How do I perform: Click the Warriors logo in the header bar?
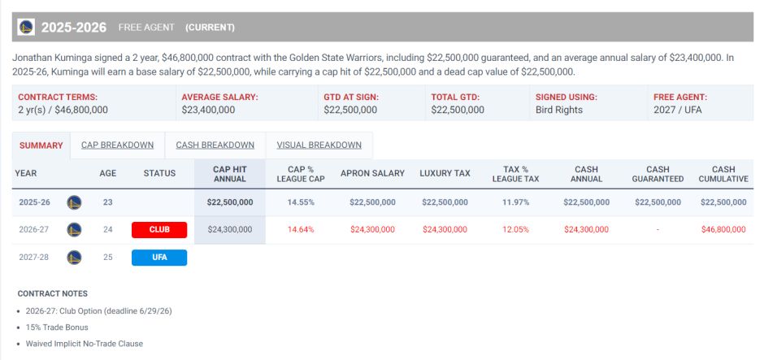click(27, 27)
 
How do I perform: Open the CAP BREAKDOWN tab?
click(117, 145)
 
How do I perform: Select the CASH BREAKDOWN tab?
click(215, 145)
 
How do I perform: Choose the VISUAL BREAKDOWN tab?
click(319, 145)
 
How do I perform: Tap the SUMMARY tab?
click(41, 145)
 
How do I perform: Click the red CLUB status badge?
click(159, 230)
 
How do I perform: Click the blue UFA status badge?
click(159, 258)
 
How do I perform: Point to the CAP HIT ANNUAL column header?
click(229, 173)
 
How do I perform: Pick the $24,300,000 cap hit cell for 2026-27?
click(230, 230)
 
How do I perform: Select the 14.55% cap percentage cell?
click(302, 202)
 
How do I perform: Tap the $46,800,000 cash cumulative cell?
click(723, 230)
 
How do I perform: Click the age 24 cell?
click(108, 230)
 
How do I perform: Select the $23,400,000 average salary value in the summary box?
click(215, 110)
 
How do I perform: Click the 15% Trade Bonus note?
click(58, 327)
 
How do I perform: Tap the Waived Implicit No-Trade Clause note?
click(85, 344)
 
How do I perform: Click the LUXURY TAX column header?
click(445, 173)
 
